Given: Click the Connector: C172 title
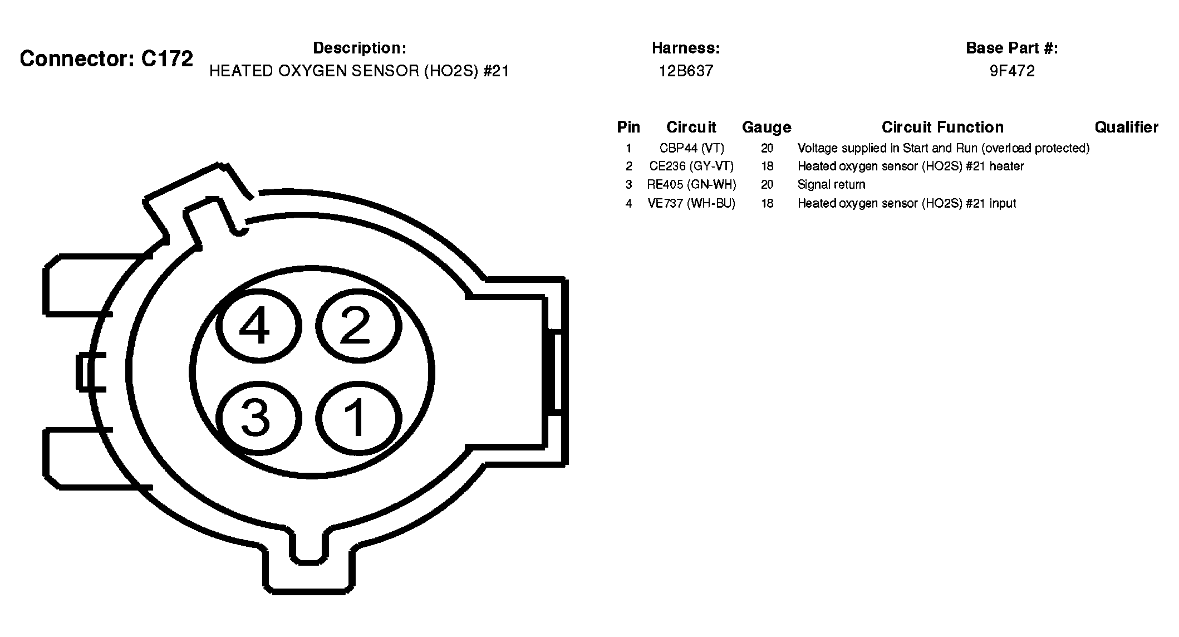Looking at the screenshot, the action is [106, 58].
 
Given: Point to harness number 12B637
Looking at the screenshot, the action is [686, 71].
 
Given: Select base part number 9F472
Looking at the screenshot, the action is [1012, 71].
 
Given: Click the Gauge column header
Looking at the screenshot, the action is [767, 128].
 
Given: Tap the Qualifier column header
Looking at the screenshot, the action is [1127, 128].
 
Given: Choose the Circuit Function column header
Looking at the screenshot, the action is [942, 128].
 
